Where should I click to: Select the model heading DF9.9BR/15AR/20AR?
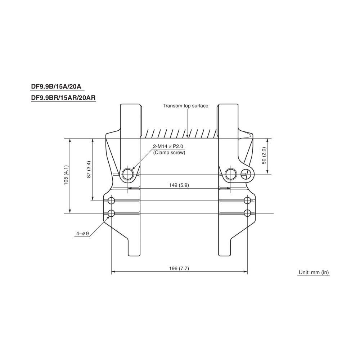[63, 98]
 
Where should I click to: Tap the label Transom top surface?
[185, 106]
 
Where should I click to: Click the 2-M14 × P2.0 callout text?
[168, 147]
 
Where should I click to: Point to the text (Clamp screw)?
[169, 153]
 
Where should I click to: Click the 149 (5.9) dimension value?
[179, 185]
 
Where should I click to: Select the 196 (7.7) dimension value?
[179, 269]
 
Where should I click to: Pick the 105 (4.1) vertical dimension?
[66, 175]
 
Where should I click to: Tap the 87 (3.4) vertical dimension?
[89, 169]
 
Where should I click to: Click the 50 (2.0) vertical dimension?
[264, 156]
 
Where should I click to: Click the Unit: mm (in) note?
[314, 273]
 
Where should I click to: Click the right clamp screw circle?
[231, 174]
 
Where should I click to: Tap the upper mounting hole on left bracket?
[111, 200]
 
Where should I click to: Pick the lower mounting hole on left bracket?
[111, 213]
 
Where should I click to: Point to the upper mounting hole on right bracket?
[247, 200]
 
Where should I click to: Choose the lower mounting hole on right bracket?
[247, 213]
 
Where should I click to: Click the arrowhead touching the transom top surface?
[188, 136]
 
